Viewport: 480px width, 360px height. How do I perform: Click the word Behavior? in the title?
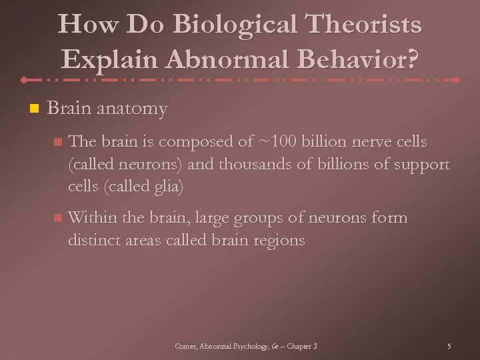pos(364,60)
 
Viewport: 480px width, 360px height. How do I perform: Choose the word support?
pos(421,164)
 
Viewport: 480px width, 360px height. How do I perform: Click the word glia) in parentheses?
pos(164,187)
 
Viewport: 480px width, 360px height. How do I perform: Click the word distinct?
pos(94,241)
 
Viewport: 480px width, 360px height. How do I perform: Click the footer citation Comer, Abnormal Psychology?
pos(246,346)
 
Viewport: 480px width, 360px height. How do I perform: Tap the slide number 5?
pos(449,346)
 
